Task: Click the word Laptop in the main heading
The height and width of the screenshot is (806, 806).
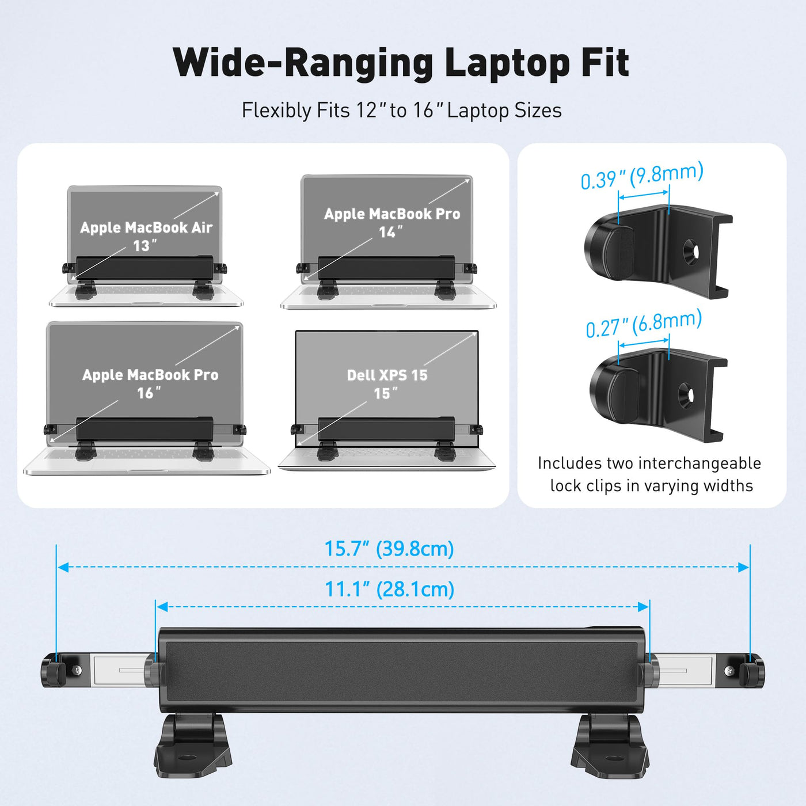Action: [x=507, y=63]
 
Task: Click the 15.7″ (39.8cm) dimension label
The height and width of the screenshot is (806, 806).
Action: [x=389, y=549]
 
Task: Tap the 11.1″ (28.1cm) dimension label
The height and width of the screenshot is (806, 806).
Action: [x=389, y=590]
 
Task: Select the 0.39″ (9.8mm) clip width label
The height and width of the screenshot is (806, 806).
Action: [x=642, y=176]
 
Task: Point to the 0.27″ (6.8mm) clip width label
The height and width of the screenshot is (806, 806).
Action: [x=644, y=324]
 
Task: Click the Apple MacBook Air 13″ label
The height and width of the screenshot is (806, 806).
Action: [x=146, y=236]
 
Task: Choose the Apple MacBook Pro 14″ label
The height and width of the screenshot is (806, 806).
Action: [x=392, y=223]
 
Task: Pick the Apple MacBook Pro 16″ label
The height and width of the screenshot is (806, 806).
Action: [x=150, y=383]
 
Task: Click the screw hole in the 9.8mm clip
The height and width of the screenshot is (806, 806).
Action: [x=690, y=251]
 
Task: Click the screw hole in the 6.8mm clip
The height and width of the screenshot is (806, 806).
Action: [x=687, y=395]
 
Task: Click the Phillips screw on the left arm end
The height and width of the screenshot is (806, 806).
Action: [x=77, y=670]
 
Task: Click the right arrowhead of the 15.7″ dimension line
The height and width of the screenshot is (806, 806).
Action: [x=744, y=567]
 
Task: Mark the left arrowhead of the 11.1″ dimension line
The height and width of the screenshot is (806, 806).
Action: [x=162, y=607]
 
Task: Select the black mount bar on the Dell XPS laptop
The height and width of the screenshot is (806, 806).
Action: [x=386, y=429]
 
